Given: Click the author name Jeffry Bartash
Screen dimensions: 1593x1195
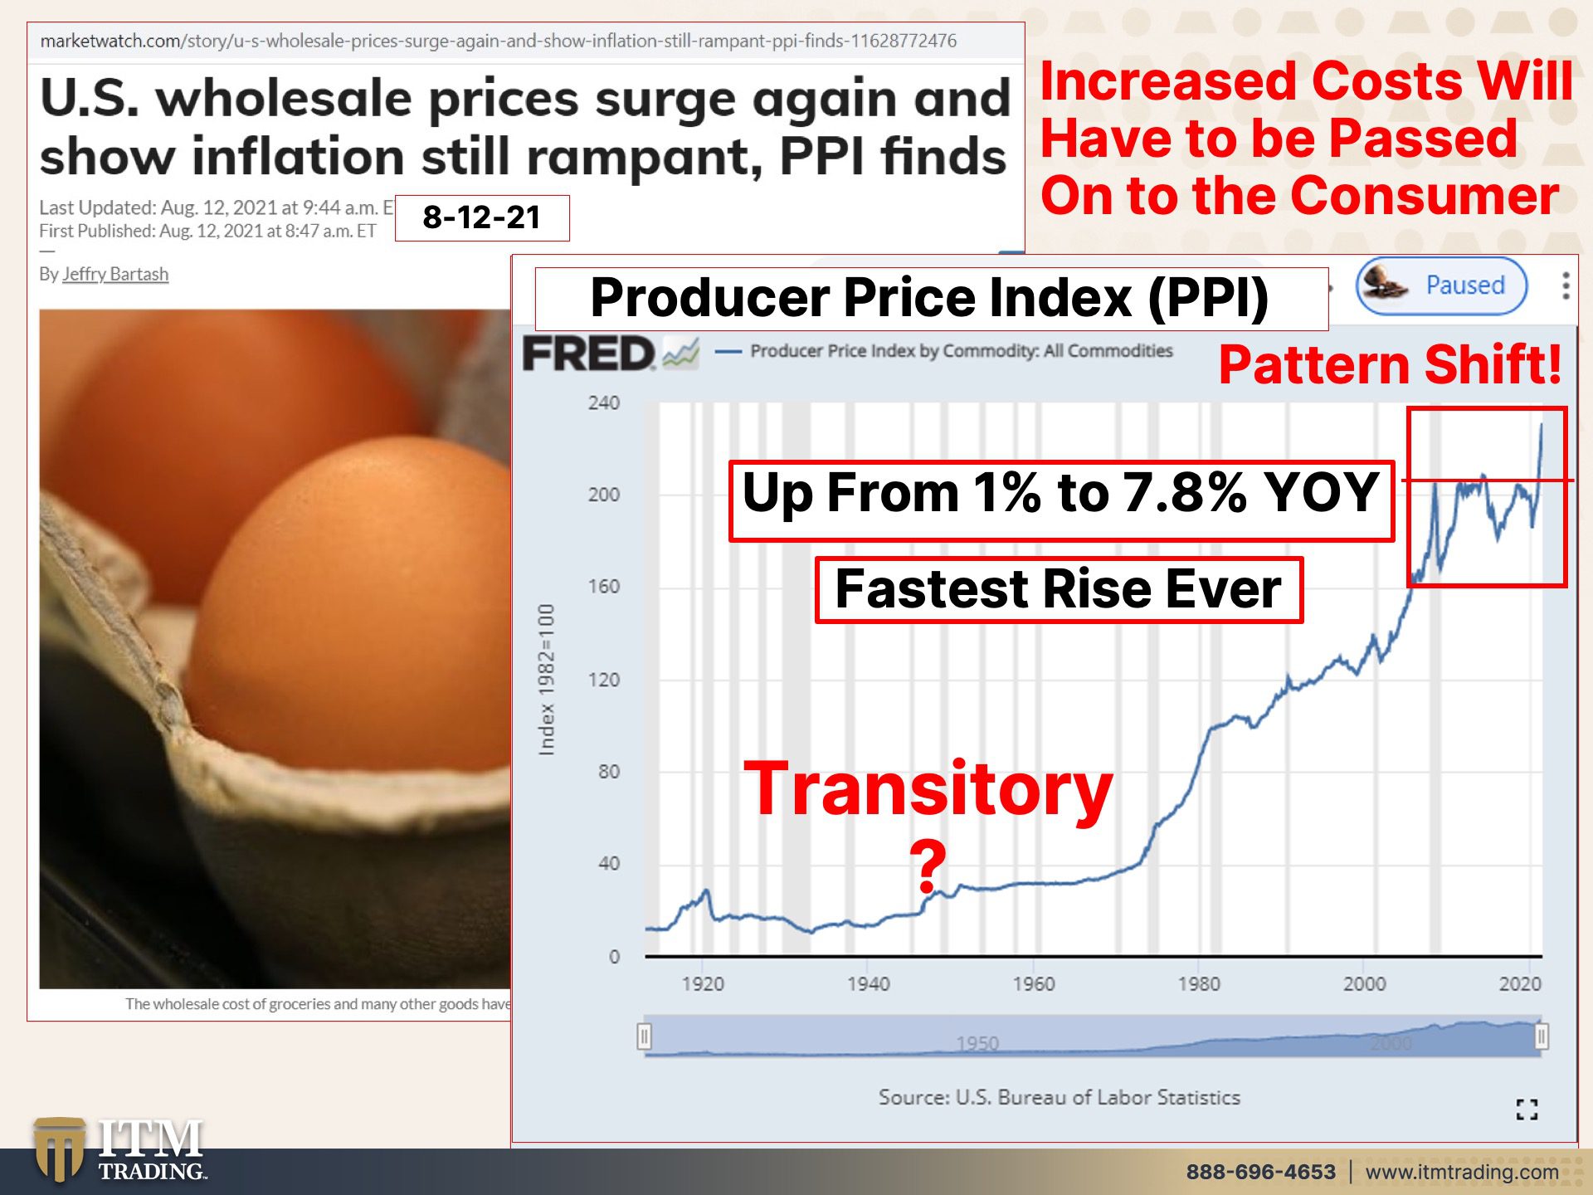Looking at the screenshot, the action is pyautogui.click(x=115, y=274).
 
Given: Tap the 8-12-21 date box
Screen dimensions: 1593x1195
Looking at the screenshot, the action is pyautogui.click(x=482, y=217).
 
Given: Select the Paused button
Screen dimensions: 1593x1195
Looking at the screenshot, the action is pyautogui.click(x=1441, y=285).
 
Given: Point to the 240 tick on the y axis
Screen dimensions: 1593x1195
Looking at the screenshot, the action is pyautogui.click(x=604, y=402).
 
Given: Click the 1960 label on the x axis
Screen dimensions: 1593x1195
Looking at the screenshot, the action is pyautogui.click(x=1034, y=983).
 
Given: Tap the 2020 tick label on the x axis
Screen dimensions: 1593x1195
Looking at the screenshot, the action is pyautogui.click(x=1520, y=983).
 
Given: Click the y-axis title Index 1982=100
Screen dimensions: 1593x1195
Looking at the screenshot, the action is pyautogui.click(x=546, y=680).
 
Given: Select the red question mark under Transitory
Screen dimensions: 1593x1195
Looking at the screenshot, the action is pyautogui.click(x=928, y=865).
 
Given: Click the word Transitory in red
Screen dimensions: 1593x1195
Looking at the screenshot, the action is pyautogui.click(x=928, y=789).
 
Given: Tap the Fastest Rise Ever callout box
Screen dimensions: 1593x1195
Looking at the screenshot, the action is pyautogui.click(x=1059, y=589).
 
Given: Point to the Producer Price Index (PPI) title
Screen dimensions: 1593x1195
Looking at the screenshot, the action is pyautogui.click(x=930, y=298).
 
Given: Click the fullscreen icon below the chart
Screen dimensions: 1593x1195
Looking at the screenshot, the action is pyautogui.click(x=1527, y=1109).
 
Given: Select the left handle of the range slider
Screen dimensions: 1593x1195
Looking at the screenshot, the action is pyautogui.click(x=645, y=1036).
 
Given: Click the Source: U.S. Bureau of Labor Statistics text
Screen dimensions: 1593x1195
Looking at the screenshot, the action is pyautogui.click(x=1060, y=1097).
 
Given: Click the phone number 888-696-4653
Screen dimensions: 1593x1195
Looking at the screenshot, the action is pyautogui.click(x=1261, y=1172).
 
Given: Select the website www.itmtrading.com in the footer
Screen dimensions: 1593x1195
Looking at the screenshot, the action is pyautogui.click(x=1462, y=1172).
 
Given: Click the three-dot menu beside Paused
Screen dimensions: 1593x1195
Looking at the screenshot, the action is pyautogui.click(x=1566, y=285).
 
